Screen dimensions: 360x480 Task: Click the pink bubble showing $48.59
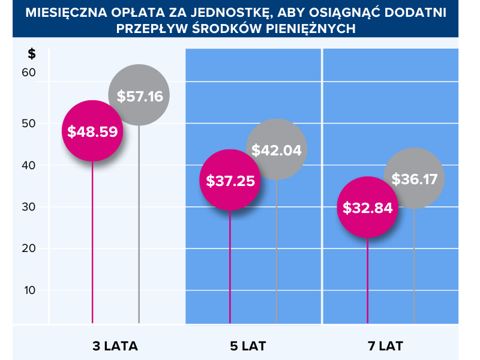coord(92,131)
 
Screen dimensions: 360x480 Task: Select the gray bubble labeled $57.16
coord(139,95)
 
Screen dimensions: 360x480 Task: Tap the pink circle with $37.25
coord(230,180)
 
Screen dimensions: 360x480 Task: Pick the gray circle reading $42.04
coord(277,149)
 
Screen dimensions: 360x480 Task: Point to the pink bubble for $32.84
coord(367,208)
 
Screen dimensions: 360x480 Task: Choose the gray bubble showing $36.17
coord(414,178)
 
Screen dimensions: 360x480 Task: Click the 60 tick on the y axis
coord(29,73)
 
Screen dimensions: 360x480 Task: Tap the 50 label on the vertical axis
coord(29,124)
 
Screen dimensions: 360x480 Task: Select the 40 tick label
coord(29,165)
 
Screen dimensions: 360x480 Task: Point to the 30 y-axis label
coord(29,207)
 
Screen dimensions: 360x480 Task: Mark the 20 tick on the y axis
coord(29,248)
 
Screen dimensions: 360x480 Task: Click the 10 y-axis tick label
coord(29,290)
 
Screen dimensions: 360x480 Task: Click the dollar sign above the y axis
coord(32,53)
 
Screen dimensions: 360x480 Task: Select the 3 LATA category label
coord(115,346)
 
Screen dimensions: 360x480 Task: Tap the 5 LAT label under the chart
coord(248,346)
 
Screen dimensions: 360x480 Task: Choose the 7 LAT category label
coord(385,346)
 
